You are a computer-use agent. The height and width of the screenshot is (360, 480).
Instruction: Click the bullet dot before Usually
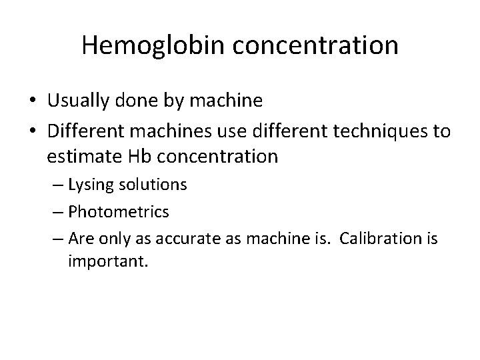(x=33, y=101)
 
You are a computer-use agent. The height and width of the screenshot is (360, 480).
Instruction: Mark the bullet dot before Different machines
(x=33, y=131)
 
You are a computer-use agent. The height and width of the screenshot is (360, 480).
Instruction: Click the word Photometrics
(x=119, y=212)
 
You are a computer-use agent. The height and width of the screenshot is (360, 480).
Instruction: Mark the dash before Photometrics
(x=56, y=213)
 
